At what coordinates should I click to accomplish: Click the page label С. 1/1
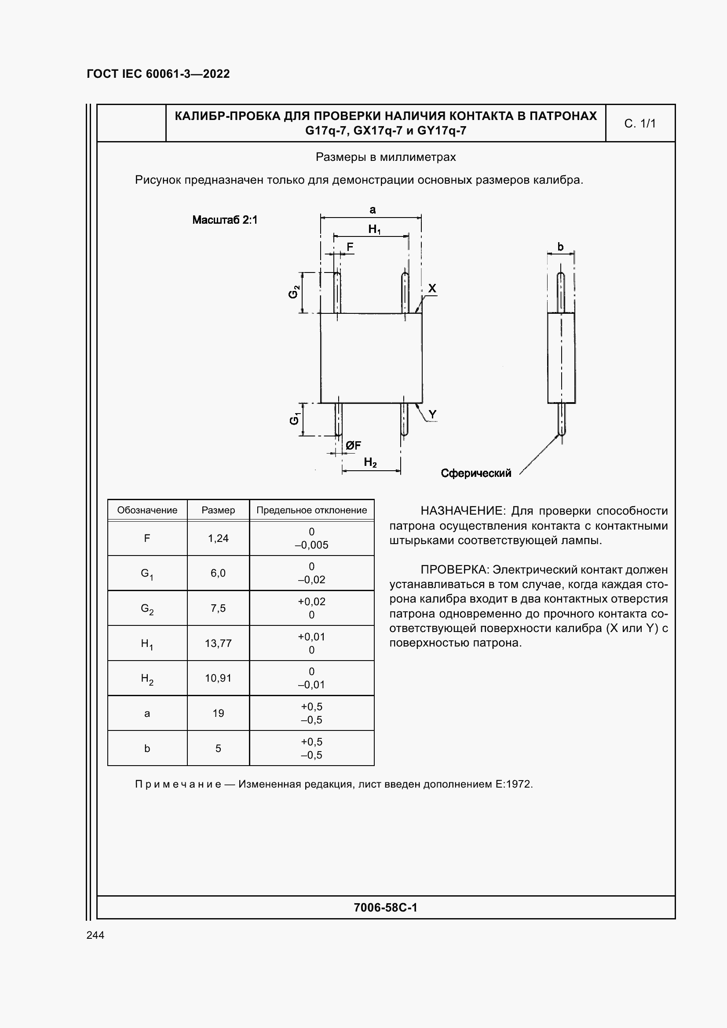tap(639, 124)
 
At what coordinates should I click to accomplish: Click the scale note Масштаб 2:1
tap(225, 220)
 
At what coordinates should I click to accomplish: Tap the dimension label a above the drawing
tap(372, 210)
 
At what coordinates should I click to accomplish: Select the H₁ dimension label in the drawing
tap(374, 229)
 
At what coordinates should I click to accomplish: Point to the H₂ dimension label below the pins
tap(370, 462)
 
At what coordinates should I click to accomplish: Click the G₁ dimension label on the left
tap(294, 419)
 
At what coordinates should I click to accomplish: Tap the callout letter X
tap(432, 288)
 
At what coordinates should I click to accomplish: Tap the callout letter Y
tap(432, 414)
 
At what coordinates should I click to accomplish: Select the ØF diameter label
tap(353, 445)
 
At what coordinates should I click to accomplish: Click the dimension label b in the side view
tap(560, 246)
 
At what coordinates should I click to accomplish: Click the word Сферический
tap(476, 473)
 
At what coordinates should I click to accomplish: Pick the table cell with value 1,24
tap(218, 538)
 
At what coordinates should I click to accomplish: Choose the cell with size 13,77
tap(218, 643)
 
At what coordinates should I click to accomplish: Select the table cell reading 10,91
tap(218, 678)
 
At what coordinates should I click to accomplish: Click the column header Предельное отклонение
tap(311, 510)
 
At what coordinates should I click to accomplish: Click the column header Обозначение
tap(147, 510)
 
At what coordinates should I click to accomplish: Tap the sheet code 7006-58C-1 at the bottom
tap(385, 908)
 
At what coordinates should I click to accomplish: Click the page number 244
tap(95, 935)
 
